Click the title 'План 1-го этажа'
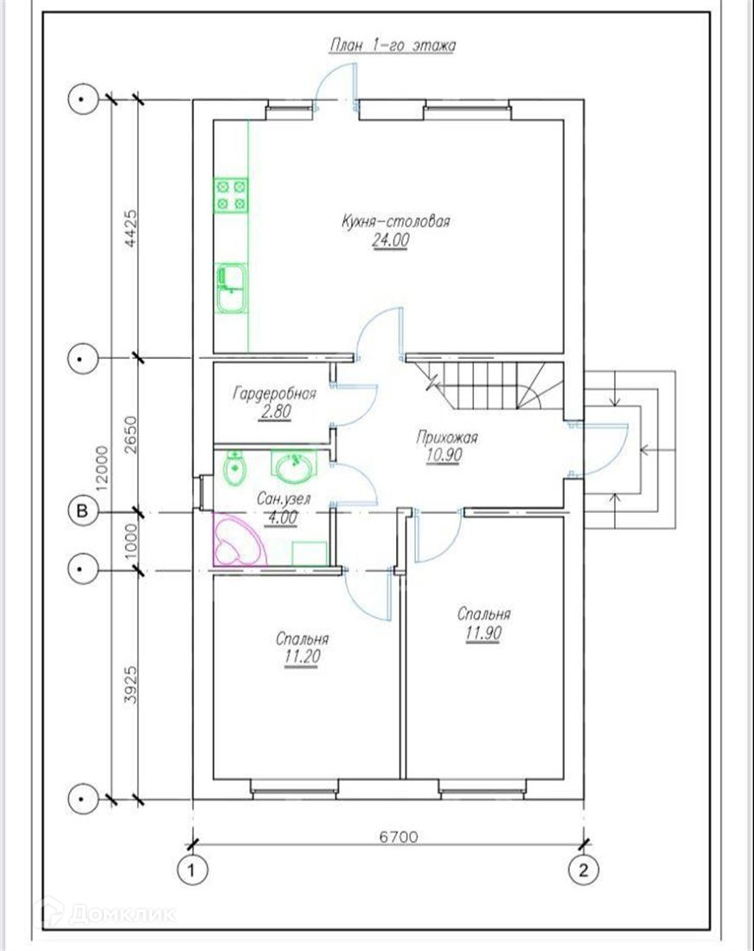[x=392, y=46]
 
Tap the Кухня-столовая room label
[x=395, y=220]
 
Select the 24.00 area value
[x=391, y=240]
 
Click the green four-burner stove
[x=231, y=195]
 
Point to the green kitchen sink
[x=231, y=288]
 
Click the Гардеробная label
[x=274, y=393]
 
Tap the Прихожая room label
[x=447, y=437]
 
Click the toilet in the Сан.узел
[x=234, y=469]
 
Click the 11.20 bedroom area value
[x=302, y=656]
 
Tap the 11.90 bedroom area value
[x=484, y=633]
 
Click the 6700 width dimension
[x=399, y=836]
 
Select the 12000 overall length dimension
[x=102, y=468]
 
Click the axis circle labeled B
[x=82, y=511]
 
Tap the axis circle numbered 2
[x=584, y=871]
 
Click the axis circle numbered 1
[x=192, y=871]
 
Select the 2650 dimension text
[x=131, y=434]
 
